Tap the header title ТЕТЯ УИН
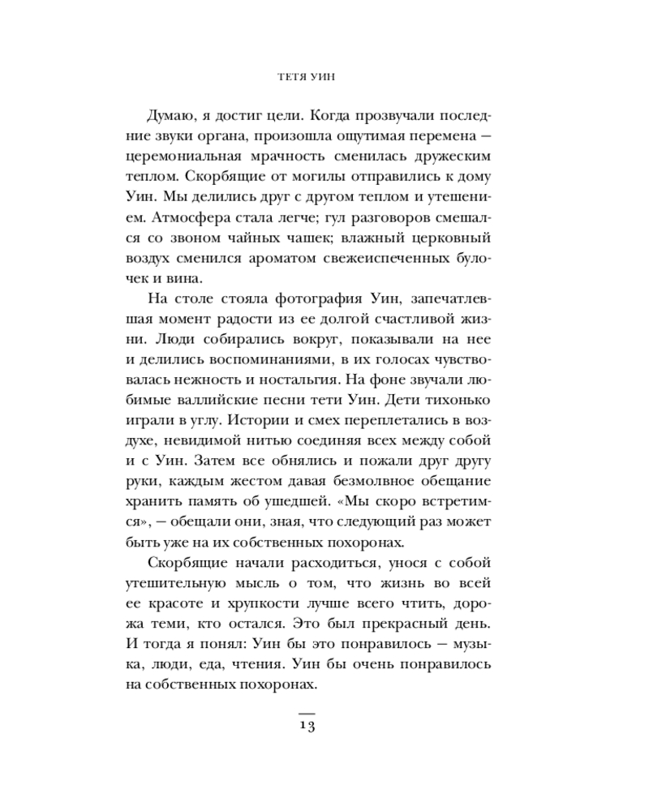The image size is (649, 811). (306, 78)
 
